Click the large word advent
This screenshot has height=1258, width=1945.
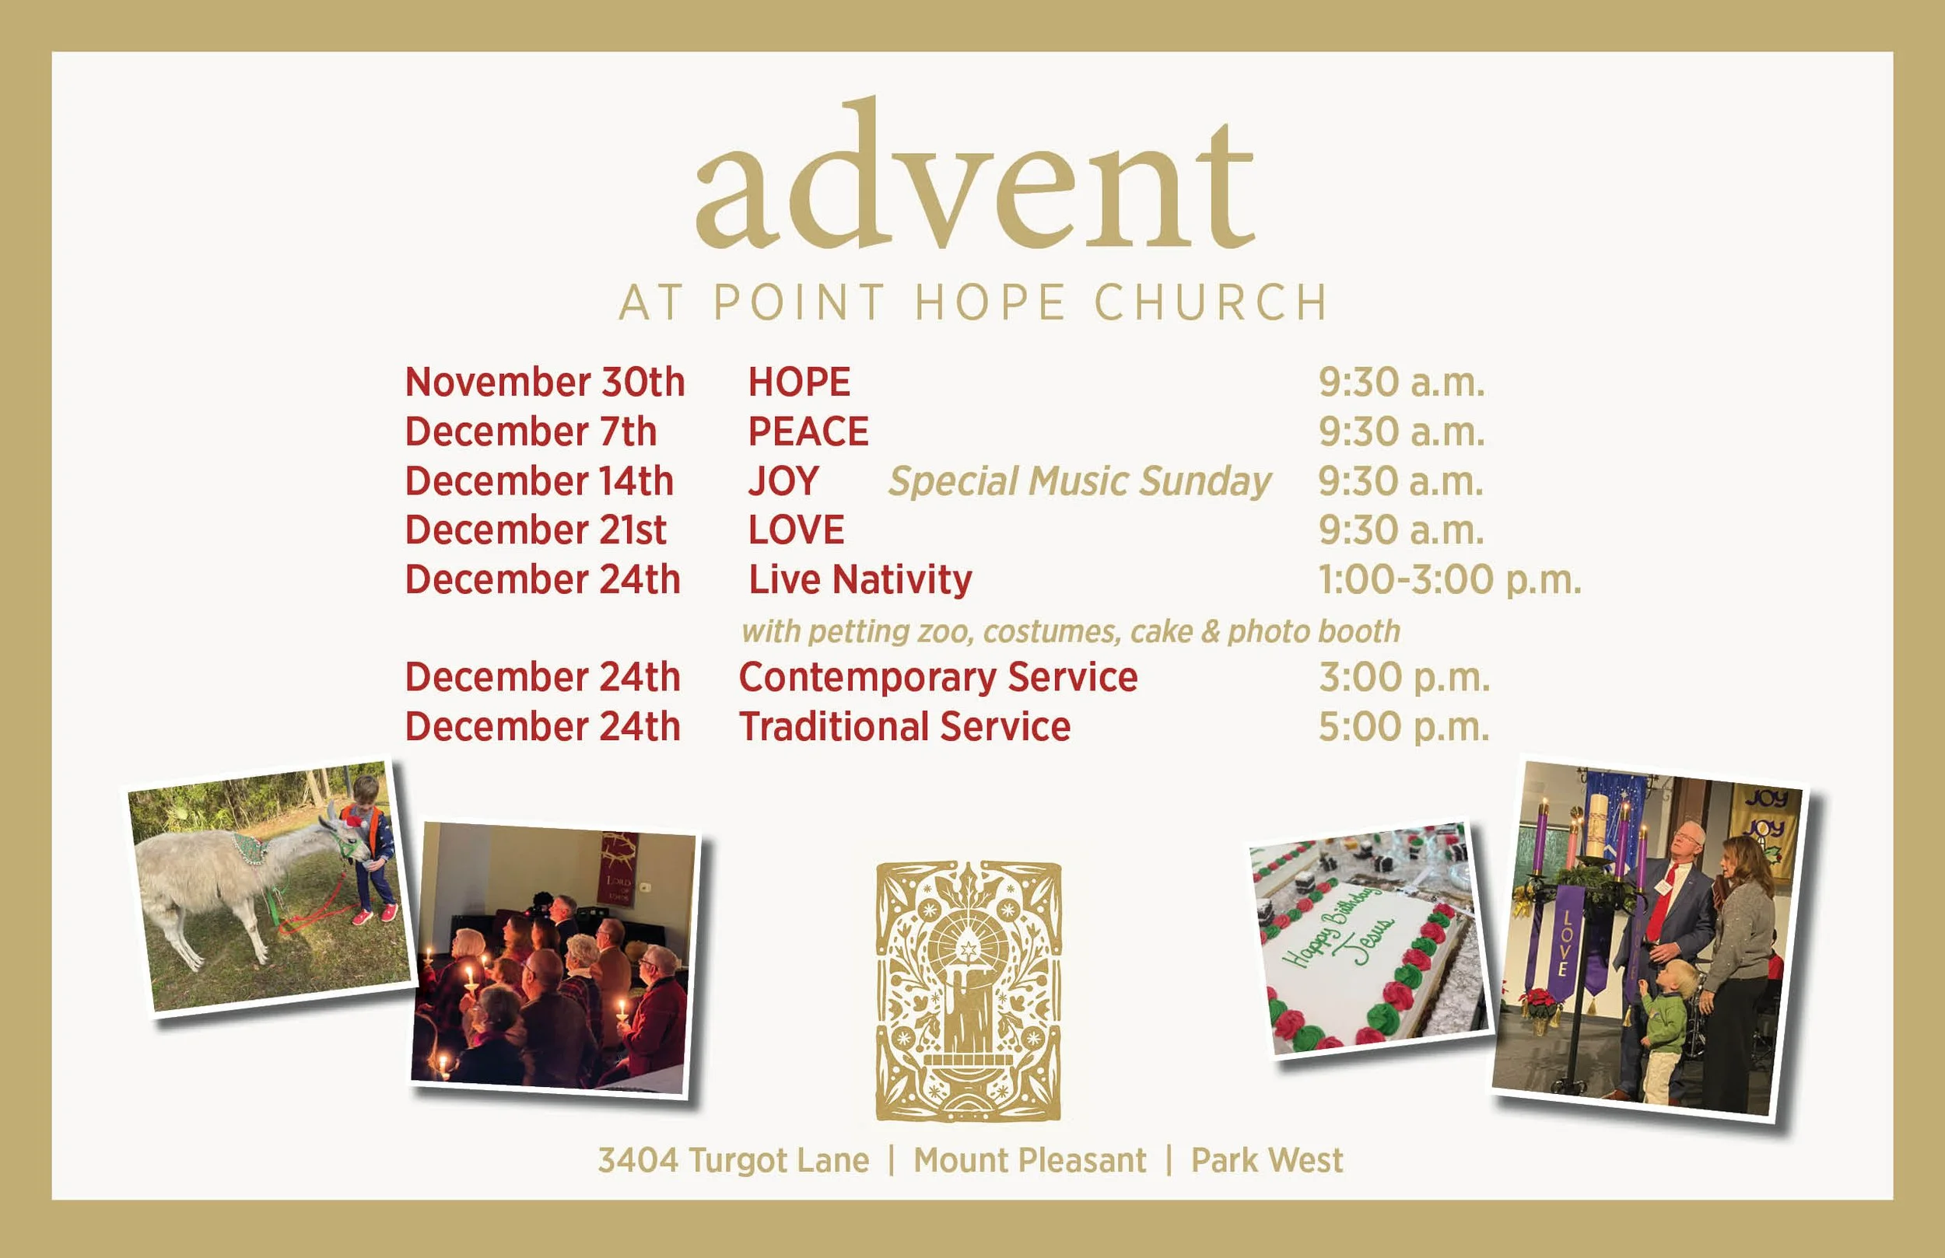tap(974, 180)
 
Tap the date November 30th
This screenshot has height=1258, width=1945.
tap(545, 383)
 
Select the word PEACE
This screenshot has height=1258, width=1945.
tap(808, 432)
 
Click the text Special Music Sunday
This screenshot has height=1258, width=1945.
tap(1079, 481)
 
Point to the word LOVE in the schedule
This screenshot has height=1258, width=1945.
tap(796, 530)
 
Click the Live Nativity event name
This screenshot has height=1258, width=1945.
tap(860, 580)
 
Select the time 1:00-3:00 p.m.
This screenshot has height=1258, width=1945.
tap(1449, 580)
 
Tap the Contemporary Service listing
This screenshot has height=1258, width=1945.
tap(937, 677)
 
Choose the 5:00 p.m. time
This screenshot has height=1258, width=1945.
tap(1404, 727)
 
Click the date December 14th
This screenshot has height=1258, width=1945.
tap(538, 481)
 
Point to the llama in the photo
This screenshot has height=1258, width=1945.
tap(212, 882)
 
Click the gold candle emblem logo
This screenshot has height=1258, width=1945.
tap(969, 991)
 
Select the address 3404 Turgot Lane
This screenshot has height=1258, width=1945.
tap(733, 1160)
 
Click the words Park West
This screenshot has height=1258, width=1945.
tap(1266, 1160)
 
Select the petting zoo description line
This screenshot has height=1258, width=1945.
tap(1070, 631)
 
